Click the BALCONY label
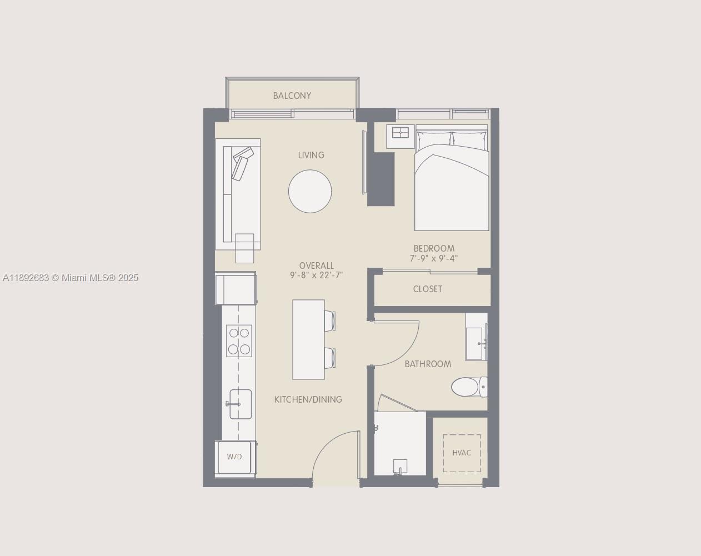click(x=292, y=96)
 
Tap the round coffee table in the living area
click(x=310, y=191)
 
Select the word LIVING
click(x=311, y=155)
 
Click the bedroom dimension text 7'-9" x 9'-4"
click(x=434, y=258)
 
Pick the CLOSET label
click(x=428, y=289)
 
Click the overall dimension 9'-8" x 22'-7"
click(x=317, y=275)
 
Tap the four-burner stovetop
click(x=239, y=340)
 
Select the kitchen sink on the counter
click(x=240, y=404)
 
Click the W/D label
click(x=234, y=457)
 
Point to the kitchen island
click(x=308, y=339)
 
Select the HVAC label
click(x=462, y=453)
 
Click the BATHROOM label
click(x=428, y=364)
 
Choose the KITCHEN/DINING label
click(x=308, y=399)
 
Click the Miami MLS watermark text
click(x=71, y=278)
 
